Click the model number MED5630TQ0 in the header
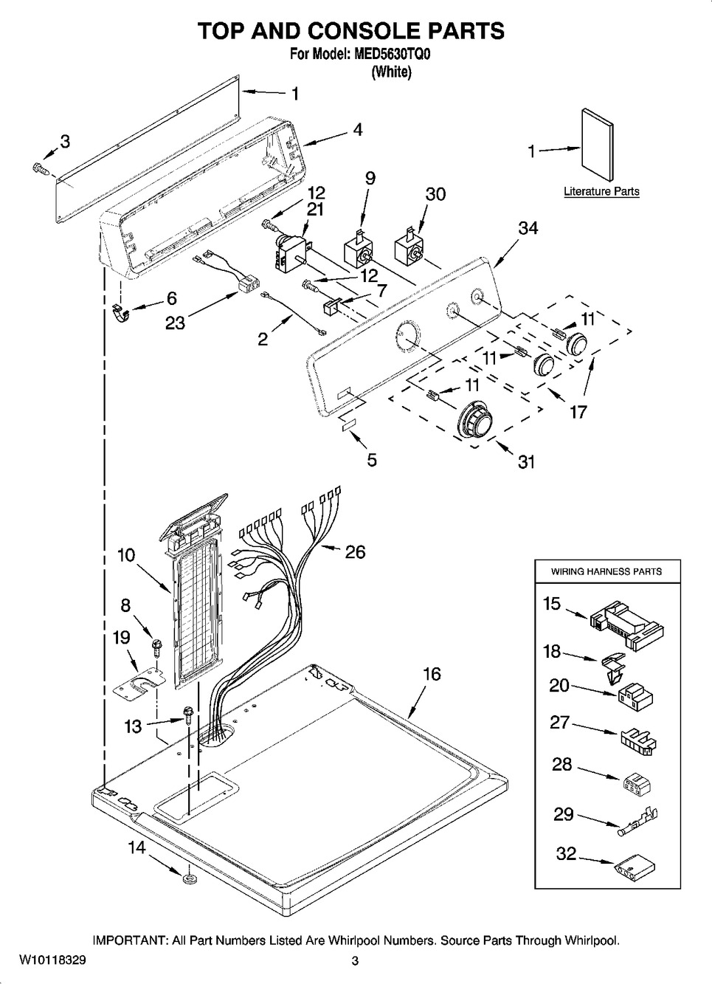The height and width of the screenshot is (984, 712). [392, 54]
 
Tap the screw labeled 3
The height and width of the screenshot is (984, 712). [40, 169]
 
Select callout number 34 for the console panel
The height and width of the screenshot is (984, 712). [528, 229]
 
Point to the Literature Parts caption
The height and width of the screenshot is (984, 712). [601, 192]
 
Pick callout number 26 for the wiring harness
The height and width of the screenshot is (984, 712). [356, 552]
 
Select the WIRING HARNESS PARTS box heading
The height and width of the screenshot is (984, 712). [606, 571]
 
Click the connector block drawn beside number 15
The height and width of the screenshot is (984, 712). [627, 625]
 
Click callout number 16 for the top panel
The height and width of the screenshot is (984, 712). [432, 674]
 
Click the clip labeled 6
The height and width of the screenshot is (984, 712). [120, 314]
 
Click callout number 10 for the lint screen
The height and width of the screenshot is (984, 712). [126, 554]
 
